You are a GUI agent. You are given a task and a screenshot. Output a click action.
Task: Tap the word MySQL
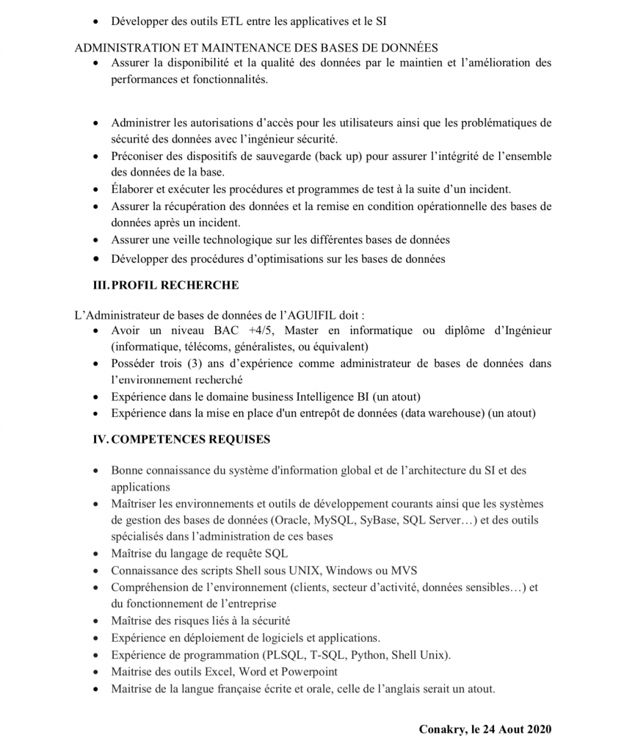click(x=334, y=521)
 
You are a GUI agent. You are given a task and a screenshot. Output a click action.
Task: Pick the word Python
click(x=369, y=655)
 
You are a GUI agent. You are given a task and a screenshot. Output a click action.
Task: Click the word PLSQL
click(x=283, y=655)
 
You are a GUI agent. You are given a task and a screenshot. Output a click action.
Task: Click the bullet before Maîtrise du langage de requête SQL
click(x=98, y=554)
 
